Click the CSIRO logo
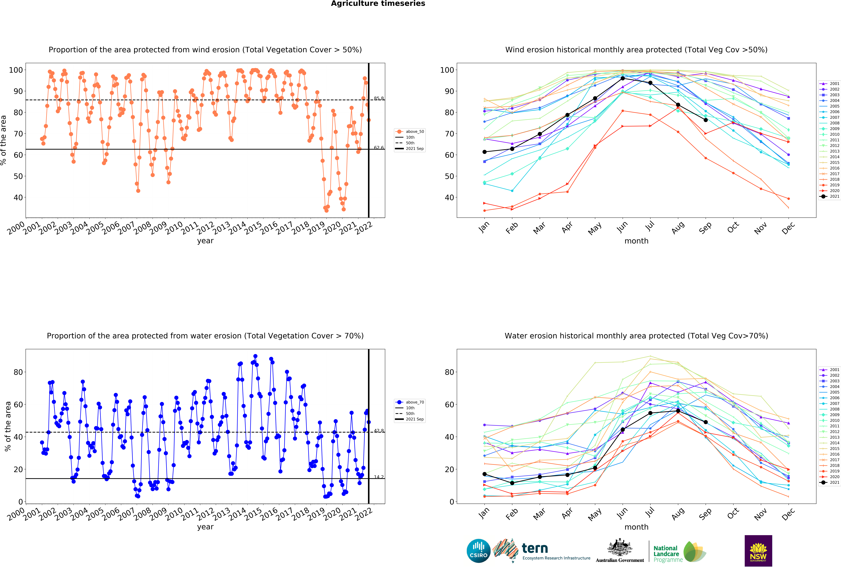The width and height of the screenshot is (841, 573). pyautogui.click(x=478, y=551)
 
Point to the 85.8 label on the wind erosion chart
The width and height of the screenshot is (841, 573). pyautogui.click(x=379, y=98)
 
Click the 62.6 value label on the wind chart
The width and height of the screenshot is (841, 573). pyautogui.click(x=379, y=148)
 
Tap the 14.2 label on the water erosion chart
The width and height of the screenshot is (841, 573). pyautogui.click(x=379, y=477)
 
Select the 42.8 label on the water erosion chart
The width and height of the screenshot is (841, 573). pyautogui.click(x=379, y=430)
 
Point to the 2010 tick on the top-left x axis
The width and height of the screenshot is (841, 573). pyautogui.click(x=174, y=228)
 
